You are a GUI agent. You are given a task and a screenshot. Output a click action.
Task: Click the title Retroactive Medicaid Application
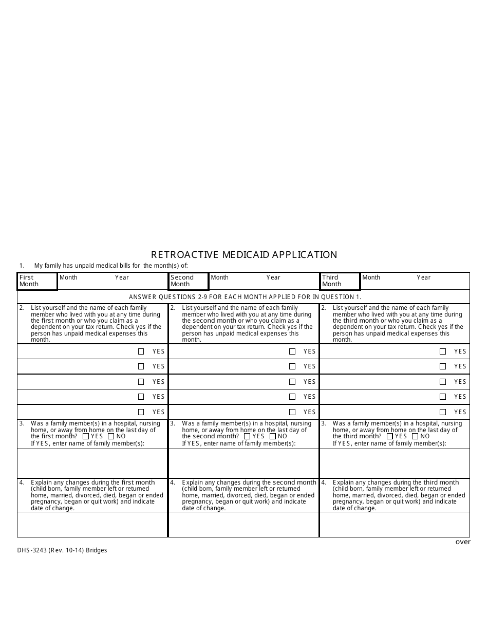pyautogui.click(x=244, y=254)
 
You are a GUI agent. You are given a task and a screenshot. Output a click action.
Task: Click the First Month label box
pyautogui.click(x=37, y=281)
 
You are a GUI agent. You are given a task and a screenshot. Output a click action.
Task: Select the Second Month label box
pyautogui.click(x=189, y=281)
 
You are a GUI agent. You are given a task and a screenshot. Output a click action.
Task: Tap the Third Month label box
pyautogui.click(x=340, y=281)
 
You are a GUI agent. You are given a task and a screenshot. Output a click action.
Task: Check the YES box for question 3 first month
pyautogui.click(x=86, y=436)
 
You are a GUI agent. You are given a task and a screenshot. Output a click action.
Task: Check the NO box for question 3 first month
pyautogui.click(x=111, y=436)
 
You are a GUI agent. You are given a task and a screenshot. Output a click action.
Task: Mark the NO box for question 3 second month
pyautogui.click(x=273, y=436)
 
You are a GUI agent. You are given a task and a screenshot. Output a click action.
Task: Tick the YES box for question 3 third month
pyautogui.click(x=390, y=436)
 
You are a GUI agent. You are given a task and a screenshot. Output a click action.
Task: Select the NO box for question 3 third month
pyautogui.click(x=415, y=436)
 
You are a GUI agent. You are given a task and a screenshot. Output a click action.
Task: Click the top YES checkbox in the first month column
pyautogui.click(x=141, y=351)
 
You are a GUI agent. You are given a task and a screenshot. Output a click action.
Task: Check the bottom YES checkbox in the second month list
pyautogui.click(x=292, y=412)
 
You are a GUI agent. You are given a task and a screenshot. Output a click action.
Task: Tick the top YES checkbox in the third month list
pyautogui.click(x=443, y=351)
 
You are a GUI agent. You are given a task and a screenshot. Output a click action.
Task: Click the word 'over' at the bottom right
pyautogui.click(x=463, y=542)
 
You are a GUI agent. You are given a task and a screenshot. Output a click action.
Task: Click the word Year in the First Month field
pyautogui.click(x=122, y=277)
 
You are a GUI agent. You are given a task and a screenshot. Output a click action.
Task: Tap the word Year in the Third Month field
pyautogui.click(x=424, y=277)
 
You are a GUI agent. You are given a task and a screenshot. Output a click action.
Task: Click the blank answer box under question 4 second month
pyautogui.click(x=243, y=525)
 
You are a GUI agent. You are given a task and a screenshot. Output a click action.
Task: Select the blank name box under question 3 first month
pyautogui.click(x=92, y=463)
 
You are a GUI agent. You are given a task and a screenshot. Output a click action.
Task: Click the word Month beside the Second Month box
pyautogui.click(x=220, y=277)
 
